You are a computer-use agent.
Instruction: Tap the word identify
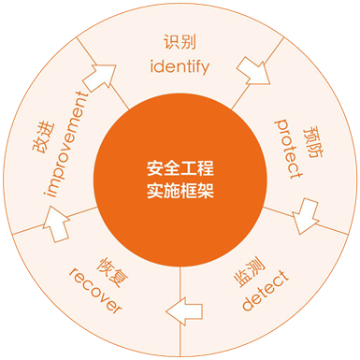click(180, 66)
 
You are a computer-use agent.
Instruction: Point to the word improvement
click(68, 145)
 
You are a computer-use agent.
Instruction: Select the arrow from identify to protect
click(252, 68)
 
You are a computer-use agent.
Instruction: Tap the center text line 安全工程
click(180, 169)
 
